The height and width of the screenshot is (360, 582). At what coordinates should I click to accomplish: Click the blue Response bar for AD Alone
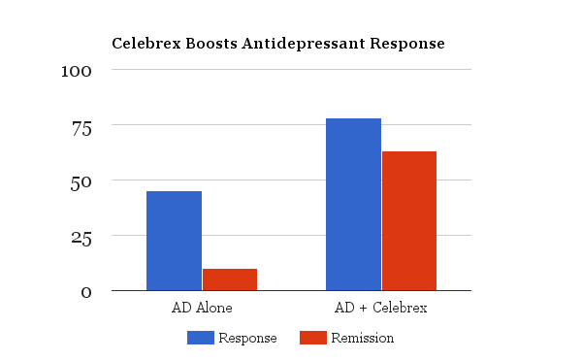174,241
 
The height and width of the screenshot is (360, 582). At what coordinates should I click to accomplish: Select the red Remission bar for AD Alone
230,279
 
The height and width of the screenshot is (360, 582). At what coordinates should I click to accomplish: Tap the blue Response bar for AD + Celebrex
353,204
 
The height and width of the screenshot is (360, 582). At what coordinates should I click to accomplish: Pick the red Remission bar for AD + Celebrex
409,220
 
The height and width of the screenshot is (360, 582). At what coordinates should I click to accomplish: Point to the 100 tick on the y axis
78,71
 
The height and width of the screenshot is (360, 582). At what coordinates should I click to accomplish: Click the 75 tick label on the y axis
81,126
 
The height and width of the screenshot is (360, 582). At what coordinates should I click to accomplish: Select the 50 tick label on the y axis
81,181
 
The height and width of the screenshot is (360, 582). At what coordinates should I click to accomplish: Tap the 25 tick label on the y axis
81,237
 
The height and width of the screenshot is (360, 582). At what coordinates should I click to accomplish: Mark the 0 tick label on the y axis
86,292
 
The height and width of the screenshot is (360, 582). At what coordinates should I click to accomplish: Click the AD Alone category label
201,308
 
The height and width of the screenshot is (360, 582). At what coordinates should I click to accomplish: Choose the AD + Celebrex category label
380,308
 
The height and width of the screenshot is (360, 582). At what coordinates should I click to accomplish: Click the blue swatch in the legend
201,338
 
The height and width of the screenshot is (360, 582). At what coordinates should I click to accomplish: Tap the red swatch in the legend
312,338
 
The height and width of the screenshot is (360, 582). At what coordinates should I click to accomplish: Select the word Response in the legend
247,338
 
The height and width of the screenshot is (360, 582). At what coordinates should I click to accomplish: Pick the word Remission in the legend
362,338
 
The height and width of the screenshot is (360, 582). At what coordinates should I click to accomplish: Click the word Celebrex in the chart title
145,44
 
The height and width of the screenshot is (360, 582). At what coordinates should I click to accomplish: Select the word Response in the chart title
408,45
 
